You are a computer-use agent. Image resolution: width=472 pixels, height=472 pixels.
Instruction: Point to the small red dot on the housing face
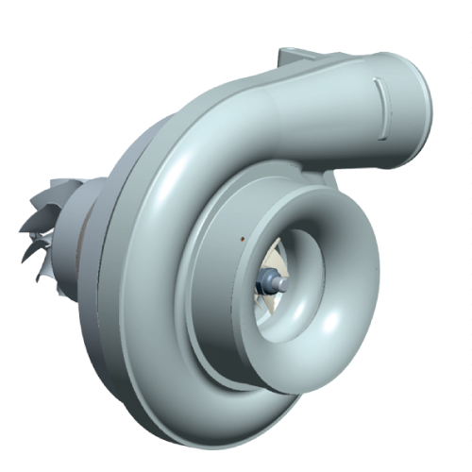(243, 239)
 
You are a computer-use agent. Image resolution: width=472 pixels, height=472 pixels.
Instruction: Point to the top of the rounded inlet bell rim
(302, 200)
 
